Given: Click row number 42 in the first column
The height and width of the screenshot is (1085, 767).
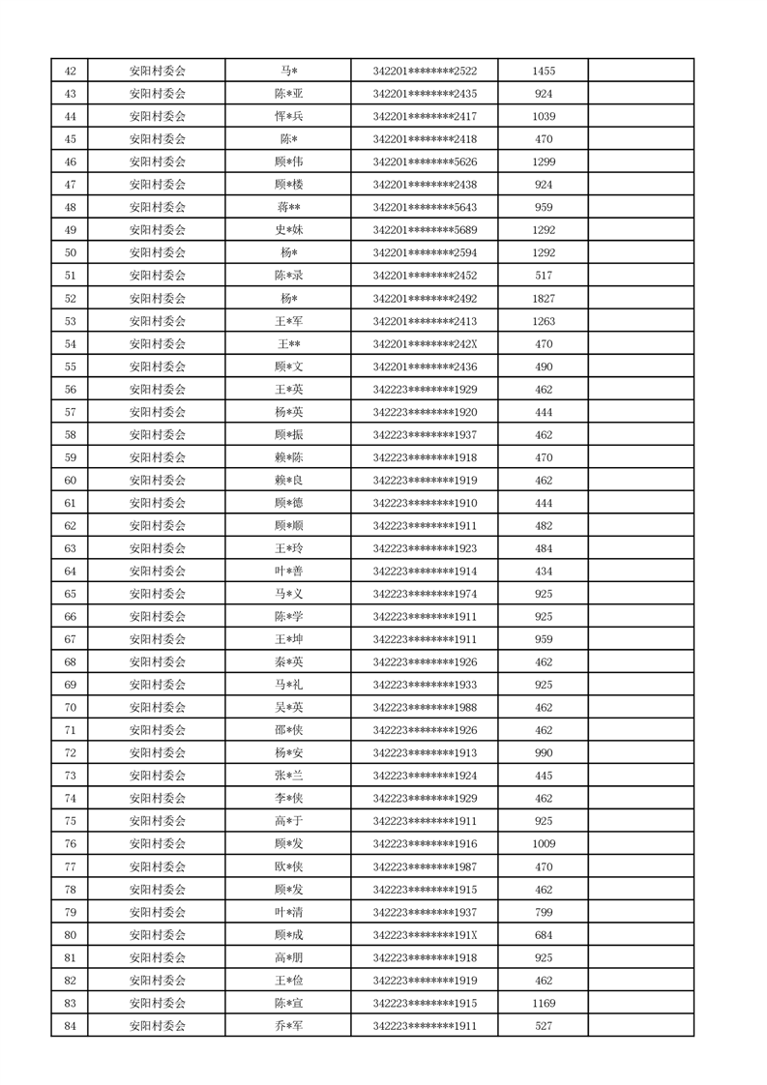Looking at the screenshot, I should tap(70, 71).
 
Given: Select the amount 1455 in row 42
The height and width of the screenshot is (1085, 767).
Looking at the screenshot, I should tap(544, 71).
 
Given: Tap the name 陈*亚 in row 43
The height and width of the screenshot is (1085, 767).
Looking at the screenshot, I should tap(288, 94).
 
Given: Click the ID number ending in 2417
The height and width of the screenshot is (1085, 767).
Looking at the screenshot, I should tap(425, 116).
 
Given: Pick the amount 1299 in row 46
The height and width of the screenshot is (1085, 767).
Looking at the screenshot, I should tap(544, 161).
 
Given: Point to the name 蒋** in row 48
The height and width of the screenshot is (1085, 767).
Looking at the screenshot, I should tap(288, 207).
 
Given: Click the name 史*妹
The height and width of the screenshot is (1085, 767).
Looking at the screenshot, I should tap(288, 230).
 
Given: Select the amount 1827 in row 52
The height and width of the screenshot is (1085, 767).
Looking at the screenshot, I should tap(544, 298).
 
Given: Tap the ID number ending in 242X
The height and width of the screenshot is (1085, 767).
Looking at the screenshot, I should tap(425, 343).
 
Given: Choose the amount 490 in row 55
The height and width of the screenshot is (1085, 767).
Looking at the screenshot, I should tap(544, 367).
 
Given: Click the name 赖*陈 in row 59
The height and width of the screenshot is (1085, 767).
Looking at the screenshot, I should tap(288, 457).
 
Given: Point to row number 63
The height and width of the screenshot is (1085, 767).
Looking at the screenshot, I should tap(70, 548).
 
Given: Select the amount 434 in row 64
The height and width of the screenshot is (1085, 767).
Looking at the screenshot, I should tap(544, 571).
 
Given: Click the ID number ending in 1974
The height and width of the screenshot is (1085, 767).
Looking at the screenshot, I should tap(425, 594).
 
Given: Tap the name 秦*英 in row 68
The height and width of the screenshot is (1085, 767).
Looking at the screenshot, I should tap(288, 662).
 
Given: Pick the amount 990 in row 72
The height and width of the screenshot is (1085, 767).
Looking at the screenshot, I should tap(544, 752).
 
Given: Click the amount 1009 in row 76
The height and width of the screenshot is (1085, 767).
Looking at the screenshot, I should tap(544, 843).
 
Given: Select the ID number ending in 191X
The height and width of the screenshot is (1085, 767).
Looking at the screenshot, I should tap(425, 934).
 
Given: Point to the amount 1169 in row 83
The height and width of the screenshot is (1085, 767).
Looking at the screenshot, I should tap(544, 1003).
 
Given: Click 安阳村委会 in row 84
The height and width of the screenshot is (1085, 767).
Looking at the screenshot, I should tap(157, 1026).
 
